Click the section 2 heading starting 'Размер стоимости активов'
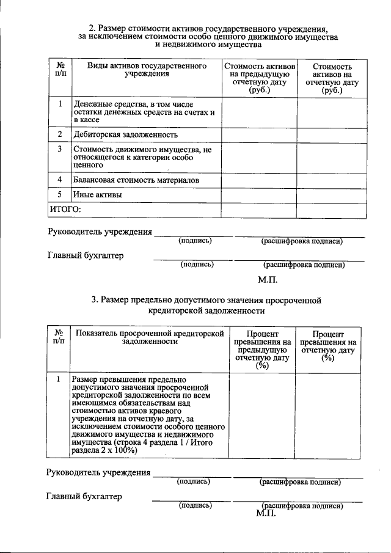coord(208,28)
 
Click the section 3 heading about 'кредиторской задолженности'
coord(206,305)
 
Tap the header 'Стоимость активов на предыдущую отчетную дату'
coord(259,77)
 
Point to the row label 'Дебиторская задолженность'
coord(125,134)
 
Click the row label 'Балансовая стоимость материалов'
coord(136,180)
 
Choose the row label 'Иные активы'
coord(97,195)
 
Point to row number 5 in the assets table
coord(59,195)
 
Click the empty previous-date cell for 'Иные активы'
coord(259,196)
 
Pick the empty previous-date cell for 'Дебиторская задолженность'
coord(259,134)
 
